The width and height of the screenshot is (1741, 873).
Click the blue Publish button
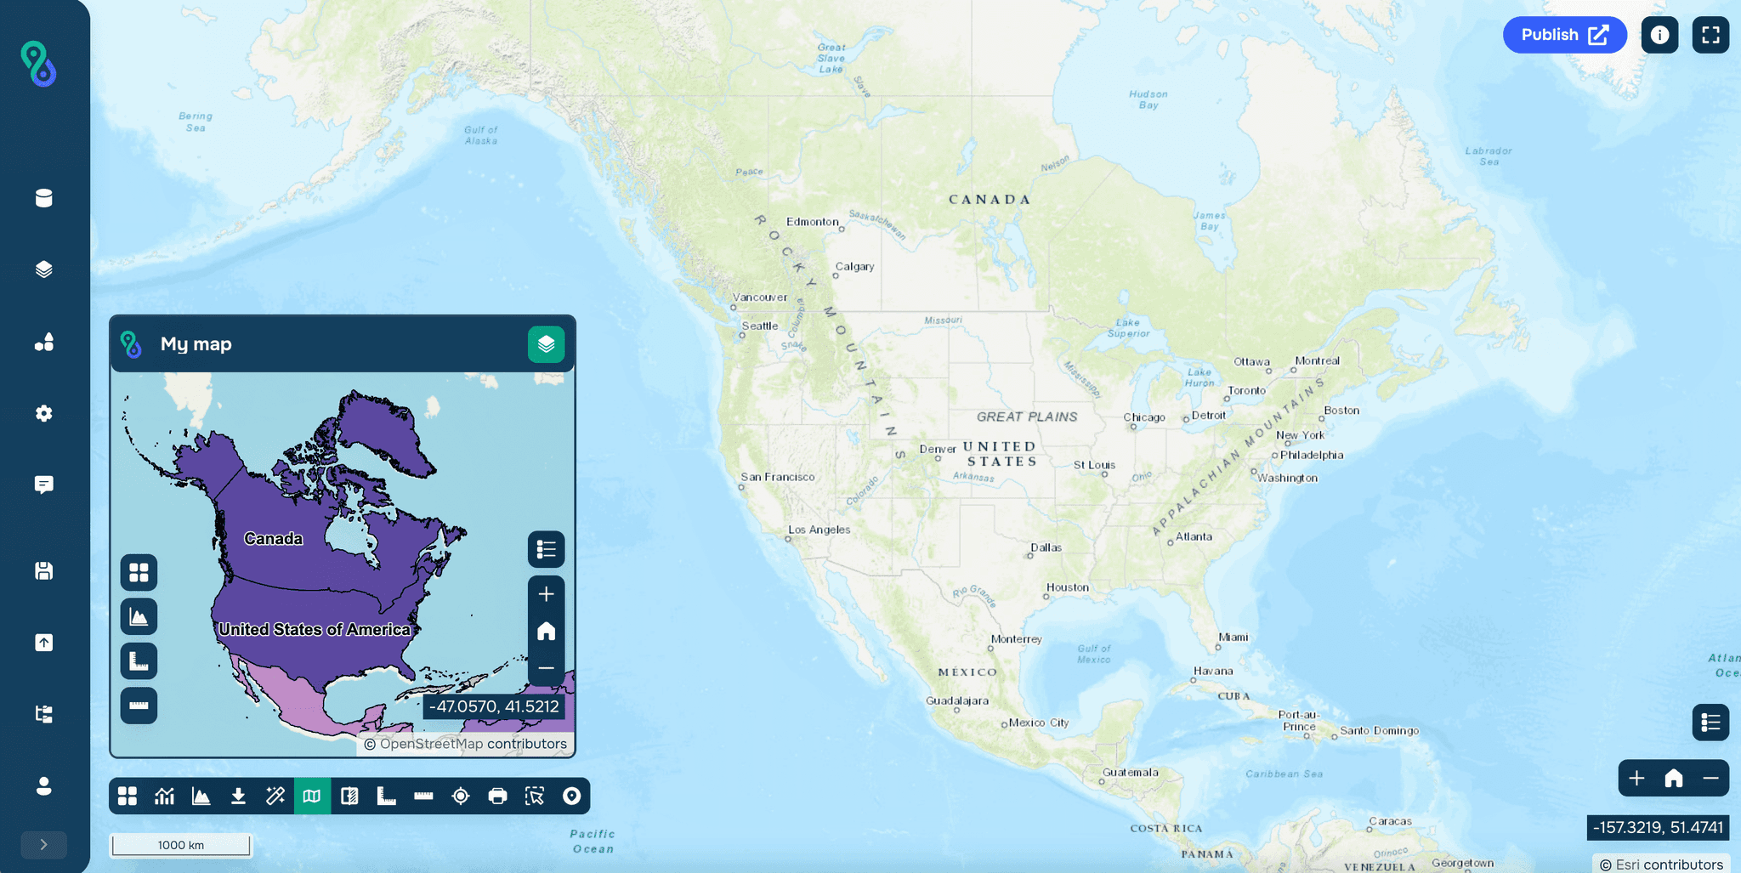pos(1563,35)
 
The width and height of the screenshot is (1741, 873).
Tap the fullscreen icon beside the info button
pos(1710,35)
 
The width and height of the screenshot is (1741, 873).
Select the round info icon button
pos(1659,35)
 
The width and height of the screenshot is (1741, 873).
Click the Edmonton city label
pos(812,222)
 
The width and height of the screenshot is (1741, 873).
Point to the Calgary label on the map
pos(854,266)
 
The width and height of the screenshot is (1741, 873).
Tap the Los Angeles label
pos(819,530)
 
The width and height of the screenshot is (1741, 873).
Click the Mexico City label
pos(1038,723)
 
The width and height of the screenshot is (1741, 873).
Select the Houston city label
pos(1067,587)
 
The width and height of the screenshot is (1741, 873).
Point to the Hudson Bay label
pos(1148,99)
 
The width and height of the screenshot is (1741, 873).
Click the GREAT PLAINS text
pos(1027,417)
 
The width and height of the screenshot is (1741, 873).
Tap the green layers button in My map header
pos(546,344)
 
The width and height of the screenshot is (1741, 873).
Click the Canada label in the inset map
pos(273,539)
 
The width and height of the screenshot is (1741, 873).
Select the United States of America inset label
pos(315,629)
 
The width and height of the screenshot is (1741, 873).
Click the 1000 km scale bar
pos(181,845)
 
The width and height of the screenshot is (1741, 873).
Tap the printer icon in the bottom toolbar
pos(497,796)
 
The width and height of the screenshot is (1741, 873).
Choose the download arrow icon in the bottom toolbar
pos(238,796)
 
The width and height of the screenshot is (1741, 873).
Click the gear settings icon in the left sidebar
pos(44,413)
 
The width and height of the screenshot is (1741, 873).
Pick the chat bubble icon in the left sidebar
pos(44,485)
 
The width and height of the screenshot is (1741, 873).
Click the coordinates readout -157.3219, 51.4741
pos(1658,827)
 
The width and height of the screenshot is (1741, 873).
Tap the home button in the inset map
pos(546,631)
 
